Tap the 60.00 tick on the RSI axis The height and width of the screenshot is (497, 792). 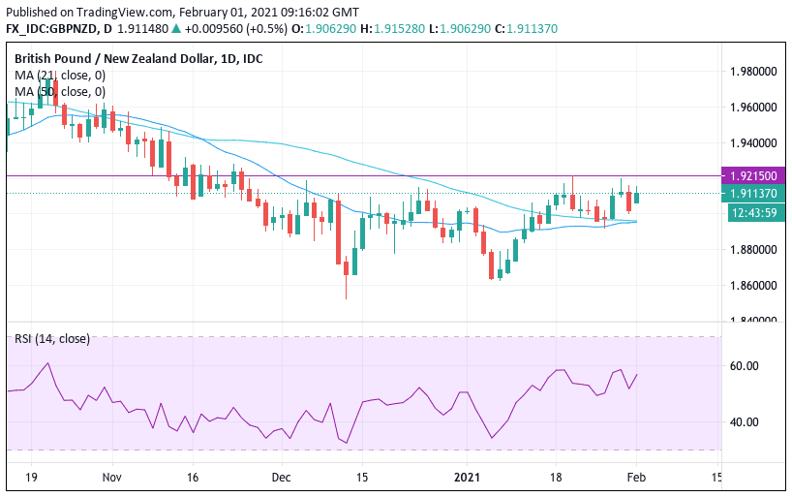point(744,366)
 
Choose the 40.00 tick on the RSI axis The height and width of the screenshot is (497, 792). point(744,422)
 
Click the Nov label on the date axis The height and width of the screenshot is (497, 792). point(112,478)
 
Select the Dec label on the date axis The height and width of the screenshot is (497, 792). point(282,478)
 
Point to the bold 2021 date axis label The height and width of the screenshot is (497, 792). point(465,478)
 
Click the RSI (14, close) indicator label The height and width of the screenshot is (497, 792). point(53,338)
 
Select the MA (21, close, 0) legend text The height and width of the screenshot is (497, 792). point(60,75)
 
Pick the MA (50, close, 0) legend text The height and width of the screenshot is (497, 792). point(60,91)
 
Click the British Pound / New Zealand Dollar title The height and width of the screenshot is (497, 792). point(138,58)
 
